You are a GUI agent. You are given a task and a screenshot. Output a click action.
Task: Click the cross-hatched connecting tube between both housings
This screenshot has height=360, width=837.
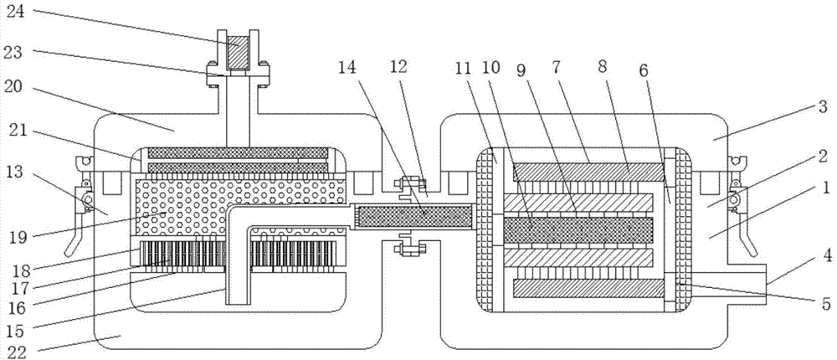click(415, 218)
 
